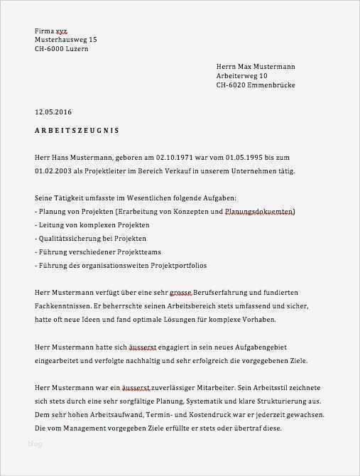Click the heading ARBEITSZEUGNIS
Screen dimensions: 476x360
[x=77, y=131]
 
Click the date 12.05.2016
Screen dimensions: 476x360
[x=53, y=112]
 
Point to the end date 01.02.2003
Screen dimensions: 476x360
[x=54, y=171]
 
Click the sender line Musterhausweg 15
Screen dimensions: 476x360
[x=66, y=40]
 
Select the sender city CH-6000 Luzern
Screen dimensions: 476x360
[x=62, y=50]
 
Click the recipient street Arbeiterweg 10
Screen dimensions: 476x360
[x=242, y=75]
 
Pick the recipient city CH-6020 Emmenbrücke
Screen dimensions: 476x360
[x=256, y=85]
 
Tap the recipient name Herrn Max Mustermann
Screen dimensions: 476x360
[x=256, y=66]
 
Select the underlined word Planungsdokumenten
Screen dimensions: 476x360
[x=258, y=212]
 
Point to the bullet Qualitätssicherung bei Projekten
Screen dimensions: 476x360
[x=92, y=239]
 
